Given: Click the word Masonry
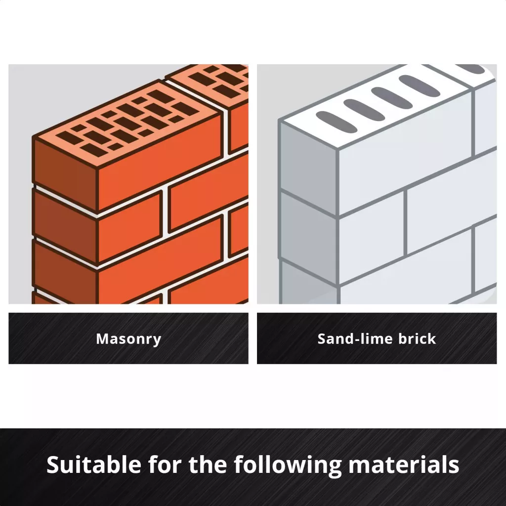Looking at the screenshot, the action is click(128, 339).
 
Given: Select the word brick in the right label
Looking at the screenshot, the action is click(417, 338).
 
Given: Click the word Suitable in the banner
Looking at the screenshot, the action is click(94, 464).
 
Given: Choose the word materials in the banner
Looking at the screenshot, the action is click(404, 464).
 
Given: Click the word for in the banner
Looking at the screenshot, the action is click(165, 464).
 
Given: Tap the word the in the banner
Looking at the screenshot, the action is click(208, 464).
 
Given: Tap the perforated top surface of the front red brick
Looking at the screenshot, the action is click(126, 125).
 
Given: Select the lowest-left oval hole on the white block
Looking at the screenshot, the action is click(336, 122).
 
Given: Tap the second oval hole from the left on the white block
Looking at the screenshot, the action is click(364, 110).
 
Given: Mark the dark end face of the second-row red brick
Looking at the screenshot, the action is click(65, 225).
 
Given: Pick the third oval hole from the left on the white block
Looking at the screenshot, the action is click(392, 98).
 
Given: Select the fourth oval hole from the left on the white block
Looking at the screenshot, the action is click(419, 86).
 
